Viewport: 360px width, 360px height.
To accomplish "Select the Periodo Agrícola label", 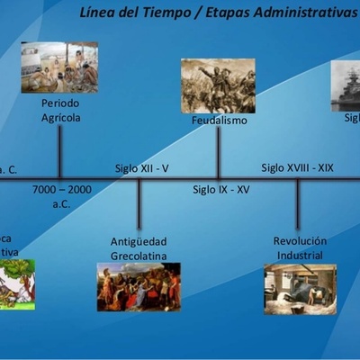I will tap(60, 111).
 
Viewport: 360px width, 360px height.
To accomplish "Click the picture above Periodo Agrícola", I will tap(59, 67).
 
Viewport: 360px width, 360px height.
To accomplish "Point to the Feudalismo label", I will tap(219, 120).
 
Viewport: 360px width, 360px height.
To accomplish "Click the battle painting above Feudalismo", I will tap(218, 85).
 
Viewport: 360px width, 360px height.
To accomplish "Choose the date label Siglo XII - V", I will tap(142, 168).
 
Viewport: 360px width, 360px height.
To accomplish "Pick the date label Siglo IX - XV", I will tap(221, 190).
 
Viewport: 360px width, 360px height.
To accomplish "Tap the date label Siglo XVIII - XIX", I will tap(297, 167).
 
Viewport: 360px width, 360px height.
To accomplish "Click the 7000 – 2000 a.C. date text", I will tap(62, 196).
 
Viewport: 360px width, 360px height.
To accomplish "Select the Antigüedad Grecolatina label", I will tap(139, 248).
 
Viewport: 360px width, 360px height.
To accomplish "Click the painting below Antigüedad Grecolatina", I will tap(139, 286).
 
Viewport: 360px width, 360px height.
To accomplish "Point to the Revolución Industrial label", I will tap(300, 248).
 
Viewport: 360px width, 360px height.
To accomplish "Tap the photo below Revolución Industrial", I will tap(300, 289).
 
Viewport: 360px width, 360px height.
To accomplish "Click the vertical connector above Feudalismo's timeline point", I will tap(218, 153).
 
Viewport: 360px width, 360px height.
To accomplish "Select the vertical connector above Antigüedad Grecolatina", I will tap(139, 205).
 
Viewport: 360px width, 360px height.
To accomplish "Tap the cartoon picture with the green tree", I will tap(17, 284).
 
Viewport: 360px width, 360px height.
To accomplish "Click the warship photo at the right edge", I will tap(346, 85).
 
